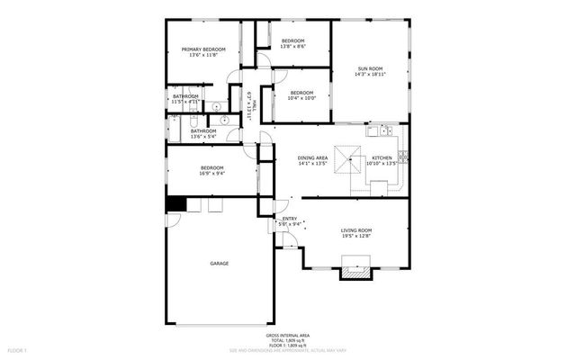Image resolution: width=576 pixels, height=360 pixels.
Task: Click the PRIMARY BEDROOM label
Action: pos(203,49)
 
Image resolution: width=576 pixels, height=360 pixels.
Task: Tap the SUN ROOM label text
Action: pos(371,68)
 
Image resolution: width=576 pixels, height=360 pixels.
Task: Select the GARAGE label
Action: pos(220,263)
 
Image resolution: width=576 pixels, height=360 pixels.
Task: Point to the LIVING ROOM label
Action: pos(356,230)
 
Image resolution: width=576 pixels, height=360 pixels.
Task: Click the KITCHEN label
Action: pos(382,158)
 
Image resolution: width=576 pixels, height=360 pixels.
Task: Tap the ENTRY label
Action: pos(290,219)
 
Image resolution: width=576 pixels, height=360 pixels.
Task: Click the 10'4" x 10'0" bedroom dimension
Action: pos(301,98)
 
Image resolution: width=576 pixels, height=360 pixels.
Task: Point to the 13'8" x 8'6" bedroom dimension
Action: pos(293,47)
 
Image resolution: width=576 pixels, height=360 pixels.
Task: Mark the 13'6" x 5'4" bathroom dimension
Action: pos(203,137)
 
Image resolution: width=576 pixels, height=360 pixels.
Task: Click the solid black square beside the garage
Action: pos(174,204)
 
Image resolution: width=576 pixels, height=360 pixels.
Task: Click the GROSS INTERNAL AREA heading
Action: pos(288,334)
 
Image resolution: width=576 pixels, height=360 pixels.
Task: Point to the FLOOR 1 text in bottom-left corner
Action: pos(18,348)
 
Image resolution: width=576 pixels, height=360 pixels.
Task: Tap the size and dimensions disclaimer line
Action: pos(288,349)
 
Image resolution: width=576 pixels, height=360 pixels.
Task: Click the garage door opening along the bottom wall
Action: pos(220,325)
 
